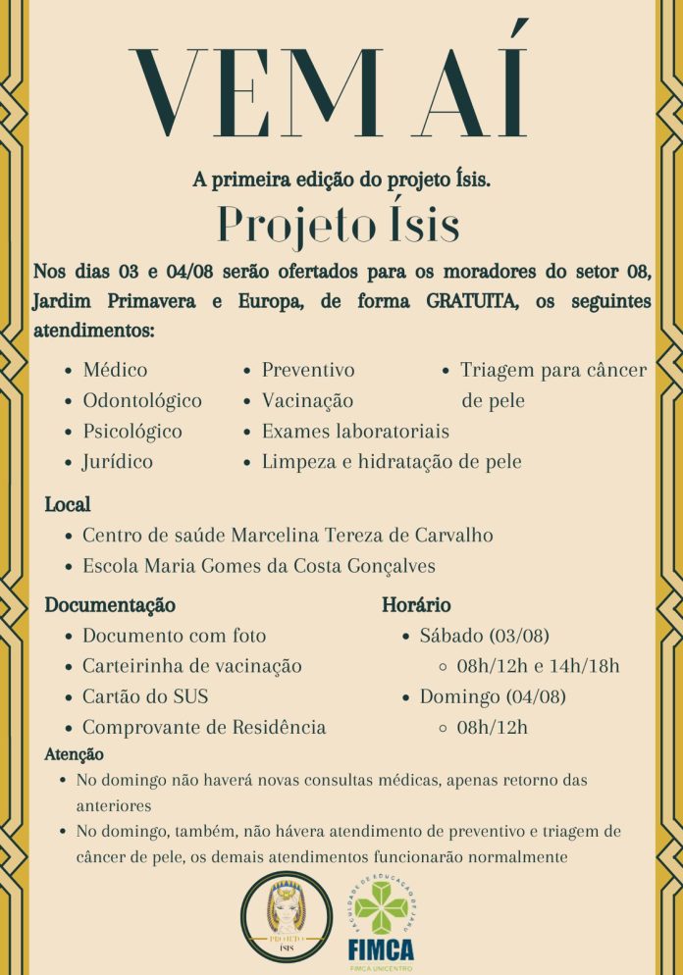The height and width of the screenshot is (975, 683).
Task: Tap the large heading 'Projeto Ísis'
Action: tap(339, 224)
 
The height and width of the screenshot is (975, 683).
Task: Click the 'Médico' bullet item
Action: tap(115, 371)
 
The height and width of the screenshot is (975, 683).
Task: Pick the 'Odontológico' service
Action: tap(142, 401)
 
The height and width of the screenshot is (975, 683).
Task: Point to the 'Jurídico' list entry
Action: tap(118, 462)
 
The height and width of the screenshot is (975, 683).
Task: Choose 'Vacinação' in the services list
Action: tap(307, 401)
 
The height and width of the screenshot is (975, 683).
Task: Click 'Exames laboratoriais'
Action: tap(355, 432)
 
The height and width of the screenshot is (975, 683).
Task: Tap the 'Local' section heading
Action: tap(68, 505)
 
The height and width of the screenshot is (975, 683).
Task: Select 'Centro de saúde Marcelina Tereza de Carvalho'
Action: tap(288, 536)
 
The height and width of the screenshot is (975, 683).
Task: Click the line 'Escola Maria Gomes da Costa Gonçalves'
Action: tap(259, 566)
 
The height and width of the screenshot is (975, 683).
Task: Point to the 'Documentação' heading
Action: tap(110, 605)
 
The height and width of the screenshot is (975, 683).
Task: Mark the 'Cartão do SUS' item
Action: tap(145, 696)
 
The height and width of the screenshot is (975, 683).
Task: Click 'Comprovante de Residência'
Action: tap(204, 727)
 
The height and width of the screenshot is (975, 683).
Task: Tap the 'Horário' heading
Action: tap(416, 605)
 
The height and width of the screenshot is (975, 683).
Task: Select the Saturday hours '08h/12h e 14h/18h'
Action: tap(539, 666)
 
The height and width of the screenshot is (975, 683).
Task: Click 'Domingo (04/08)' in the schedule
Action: tap(493, 696)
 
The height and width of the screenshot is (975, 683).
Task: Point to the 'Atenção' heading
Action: tap(75, 755)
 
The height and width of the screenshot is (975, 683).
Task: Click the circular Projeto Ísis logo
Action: tap(287, 917)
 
